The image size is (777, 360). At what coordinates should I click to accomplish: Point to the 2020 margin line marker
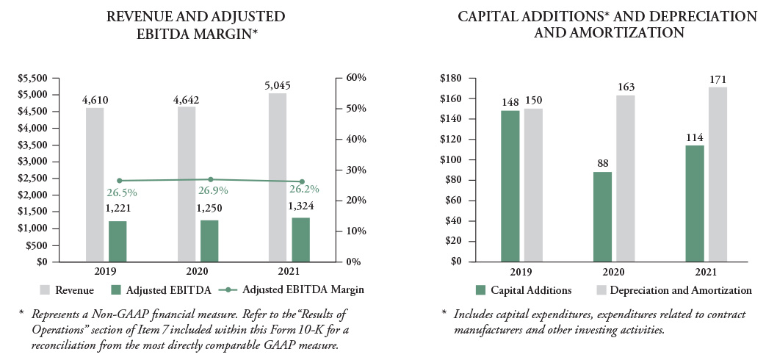[x=210, y=179]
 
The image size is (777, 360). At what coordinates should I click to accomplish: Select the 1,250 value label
[x=210, y=209]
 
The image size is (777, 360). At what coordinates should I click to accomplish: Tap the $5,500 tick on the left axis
[x=32, y=78]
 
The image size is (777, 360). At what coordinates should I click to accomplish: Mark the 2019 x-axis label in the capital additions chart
[x=511, y=271]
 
